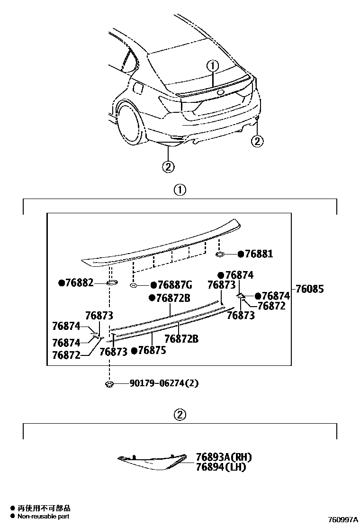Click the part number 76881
(259, 254)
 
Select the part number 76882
(79, 283)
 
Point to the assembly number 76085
(310, 289)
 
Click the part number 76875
(152, 351)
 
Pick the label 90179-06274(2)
(163, 383)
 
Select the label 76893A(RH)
(223, 457)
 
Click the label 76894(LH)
(220, 467)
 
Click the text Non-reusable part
(43, 516)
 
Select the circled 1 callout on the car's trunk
(213, 66)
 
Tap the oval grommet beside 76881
(220, 254)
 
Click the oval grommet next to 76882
(112, 283)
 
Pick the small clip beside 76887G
(134, 285)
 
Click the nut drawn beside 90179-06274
(109, 383)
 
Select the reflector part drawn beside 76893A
(152, 462)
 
